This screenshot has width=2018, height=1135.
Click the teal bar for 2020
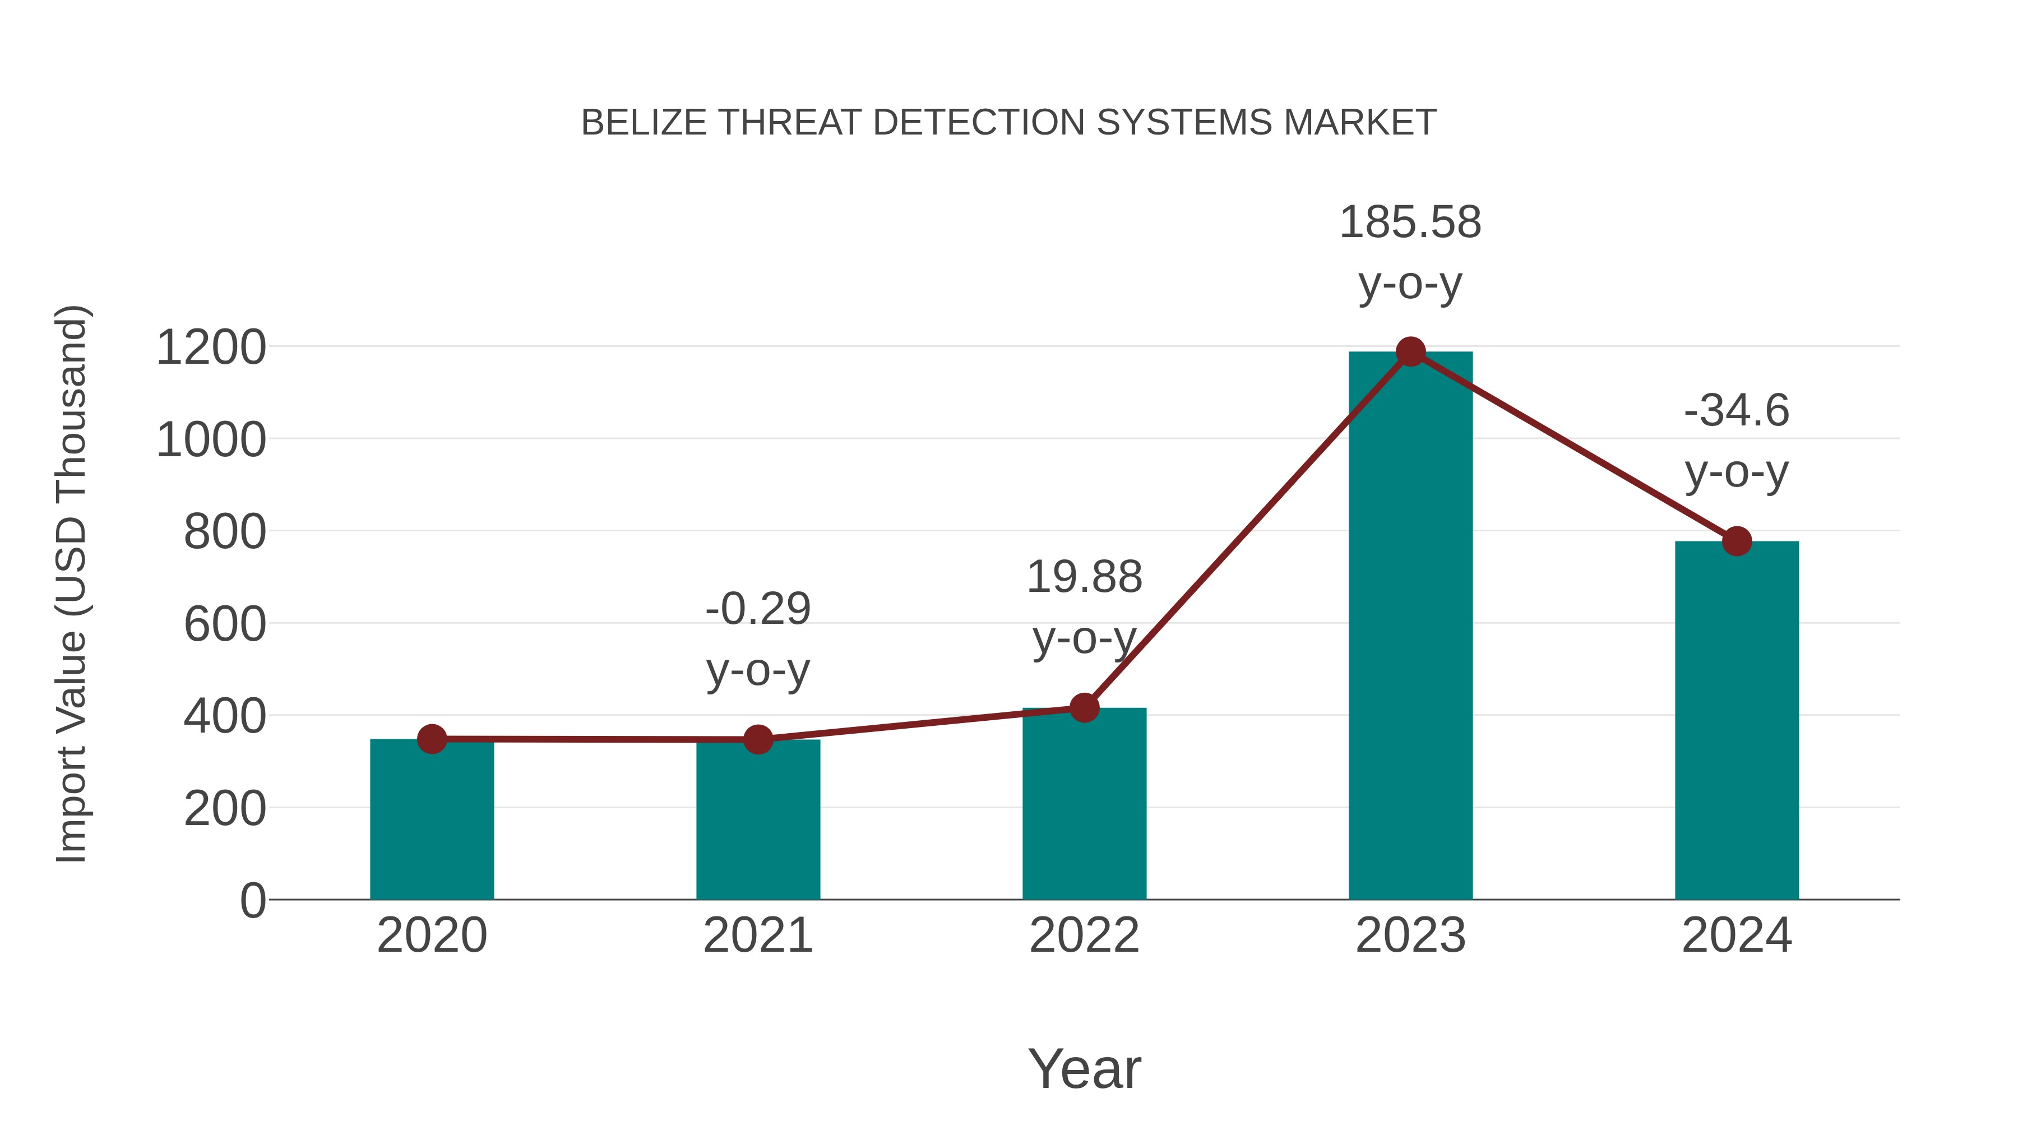(432, 822)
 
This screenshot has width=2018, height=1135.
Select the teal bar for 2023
(1410, 627)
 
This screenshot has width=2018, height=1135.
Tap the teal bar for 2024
(1737, 721)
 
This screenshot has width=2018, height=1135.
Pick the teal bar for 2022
(1084, 807)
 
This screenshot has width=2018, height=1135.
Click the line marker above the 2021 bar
(757, 739)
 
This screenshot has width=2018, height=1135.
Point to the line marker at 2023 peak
(1410, 351)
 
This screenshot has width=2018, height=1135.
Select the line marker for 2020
(432, 739)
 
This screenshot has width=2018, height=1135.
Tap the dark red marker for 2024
(1737, 540)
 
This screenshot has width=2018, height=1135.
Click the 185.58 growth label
(1410, 223)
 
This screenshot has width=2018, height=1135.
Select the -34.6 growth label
(1737, 411)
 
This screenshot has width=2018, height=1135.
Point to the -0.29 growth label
(757, 609)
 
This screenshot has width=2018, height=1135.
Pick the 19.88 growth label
(1084, 577)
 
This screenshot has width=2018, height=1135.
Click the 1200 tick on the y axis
(211, 348)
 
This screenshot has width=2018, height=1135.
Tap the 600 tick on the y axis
(225, 625)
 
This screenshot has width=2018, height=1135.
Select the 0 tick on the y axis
(253, 901)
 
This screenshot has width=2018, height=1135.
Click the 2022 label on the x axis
(1084, 936)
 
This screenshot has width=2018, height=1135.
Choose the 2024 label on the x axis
(1737, 936)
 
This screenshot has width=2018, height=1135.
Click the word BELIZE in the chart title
(644, 123)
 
